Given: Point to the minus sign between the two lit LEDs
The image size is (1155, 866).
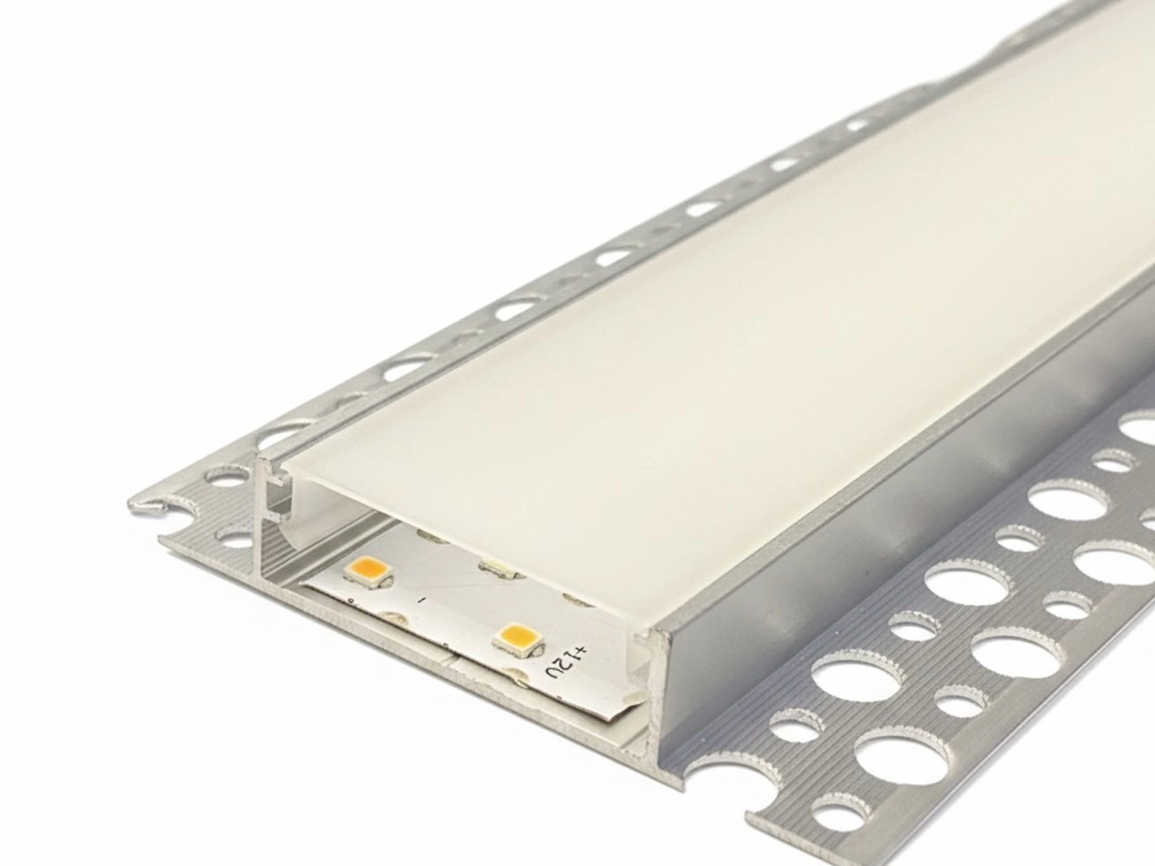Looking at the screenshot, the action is (421, 600).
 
